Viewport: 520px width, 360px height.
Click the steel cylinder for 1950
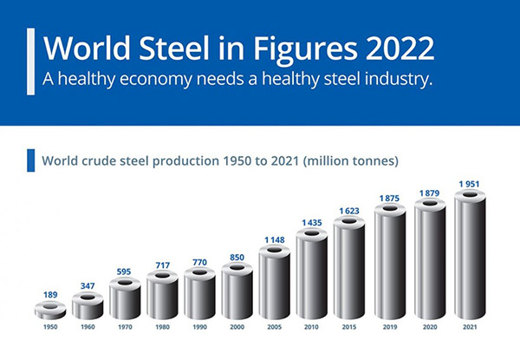point(49,311)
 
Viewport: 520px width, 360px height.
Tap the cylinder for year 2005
point(275,283)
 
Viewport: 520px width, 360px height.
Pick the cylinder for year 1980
point(162,295)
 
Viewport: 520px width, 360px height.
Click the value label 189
point(49,295)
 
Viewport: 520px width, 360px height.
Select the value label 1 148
point(275,239)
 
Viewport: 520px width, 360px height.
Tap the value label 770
point(199,261)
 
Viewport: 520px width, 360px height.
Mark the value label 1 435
point(312,223)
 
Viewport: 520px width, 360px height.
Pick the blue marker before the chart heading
point(31,160)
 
